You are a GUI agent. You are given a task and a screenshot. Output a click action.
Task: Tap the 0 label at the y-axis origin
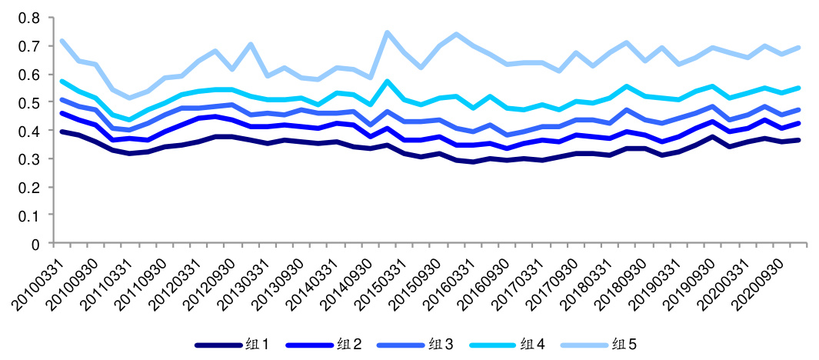point(35,244)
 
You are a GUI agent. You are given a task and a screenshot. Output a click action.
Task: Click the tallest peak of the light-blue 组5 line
point(388,32)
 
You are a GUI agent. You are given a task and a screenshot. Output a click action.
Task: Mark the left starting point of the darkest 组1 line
point(62,132)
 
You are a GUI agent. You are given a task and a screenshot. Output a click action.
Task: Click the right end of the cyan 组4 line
point(799,88)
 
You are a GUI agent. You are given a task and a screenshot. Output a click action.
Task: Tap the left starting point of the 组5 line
point(62,41)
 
